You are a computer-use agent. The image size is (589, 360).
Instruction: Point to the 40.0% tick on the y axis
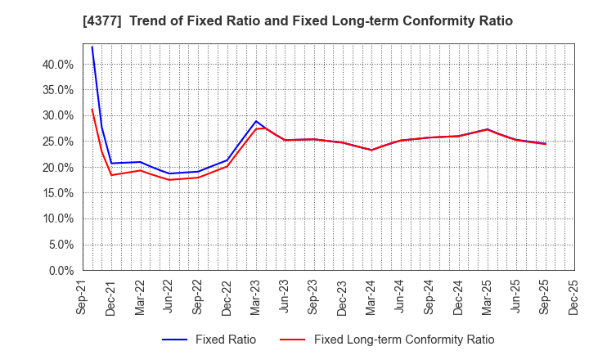pos(56,64)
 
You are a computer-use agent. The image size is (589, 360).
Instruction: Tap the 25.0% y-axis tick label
pos(56,141)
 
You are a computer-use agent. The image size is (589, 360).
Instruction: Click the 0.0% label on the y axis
pos(60,270)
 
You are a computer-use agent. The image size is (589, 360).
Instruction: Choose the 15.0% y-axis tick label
pos(56,193)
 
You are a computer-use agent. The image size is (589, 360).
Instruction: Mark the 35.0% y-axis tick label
pos(56,90)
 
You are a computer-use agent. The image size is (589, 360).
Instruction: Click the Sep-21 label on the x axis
pos(81,299)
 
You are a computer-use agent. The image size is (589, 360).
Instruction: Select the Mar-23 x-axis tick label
pos(255,299)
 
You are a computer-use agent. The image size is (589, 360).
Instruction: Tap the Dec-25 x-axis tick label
pos(573,299)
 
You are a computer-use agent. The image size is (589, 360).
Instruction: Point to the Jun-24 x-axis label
pos(400,299)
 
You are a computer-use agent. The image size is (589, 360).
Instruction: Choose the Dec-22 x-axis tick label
pos(227,299)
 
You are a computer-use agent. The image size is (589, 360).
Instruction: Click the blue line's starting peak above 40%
pos(92,47)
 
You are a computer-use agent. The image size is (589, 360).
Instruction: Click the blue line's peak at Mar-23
pos(256,121)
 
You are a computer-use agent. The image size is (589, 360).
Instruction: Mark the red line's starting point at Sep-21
pos(92,109)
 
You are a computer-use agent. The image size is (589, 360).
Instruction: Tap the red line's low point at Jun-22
pos(169,179)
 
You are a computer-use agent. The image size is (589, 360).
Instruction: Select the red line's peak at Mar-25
pos(488,129)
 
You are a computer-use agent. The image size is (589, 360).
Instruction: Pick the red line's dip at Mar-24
pos(371,150)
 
